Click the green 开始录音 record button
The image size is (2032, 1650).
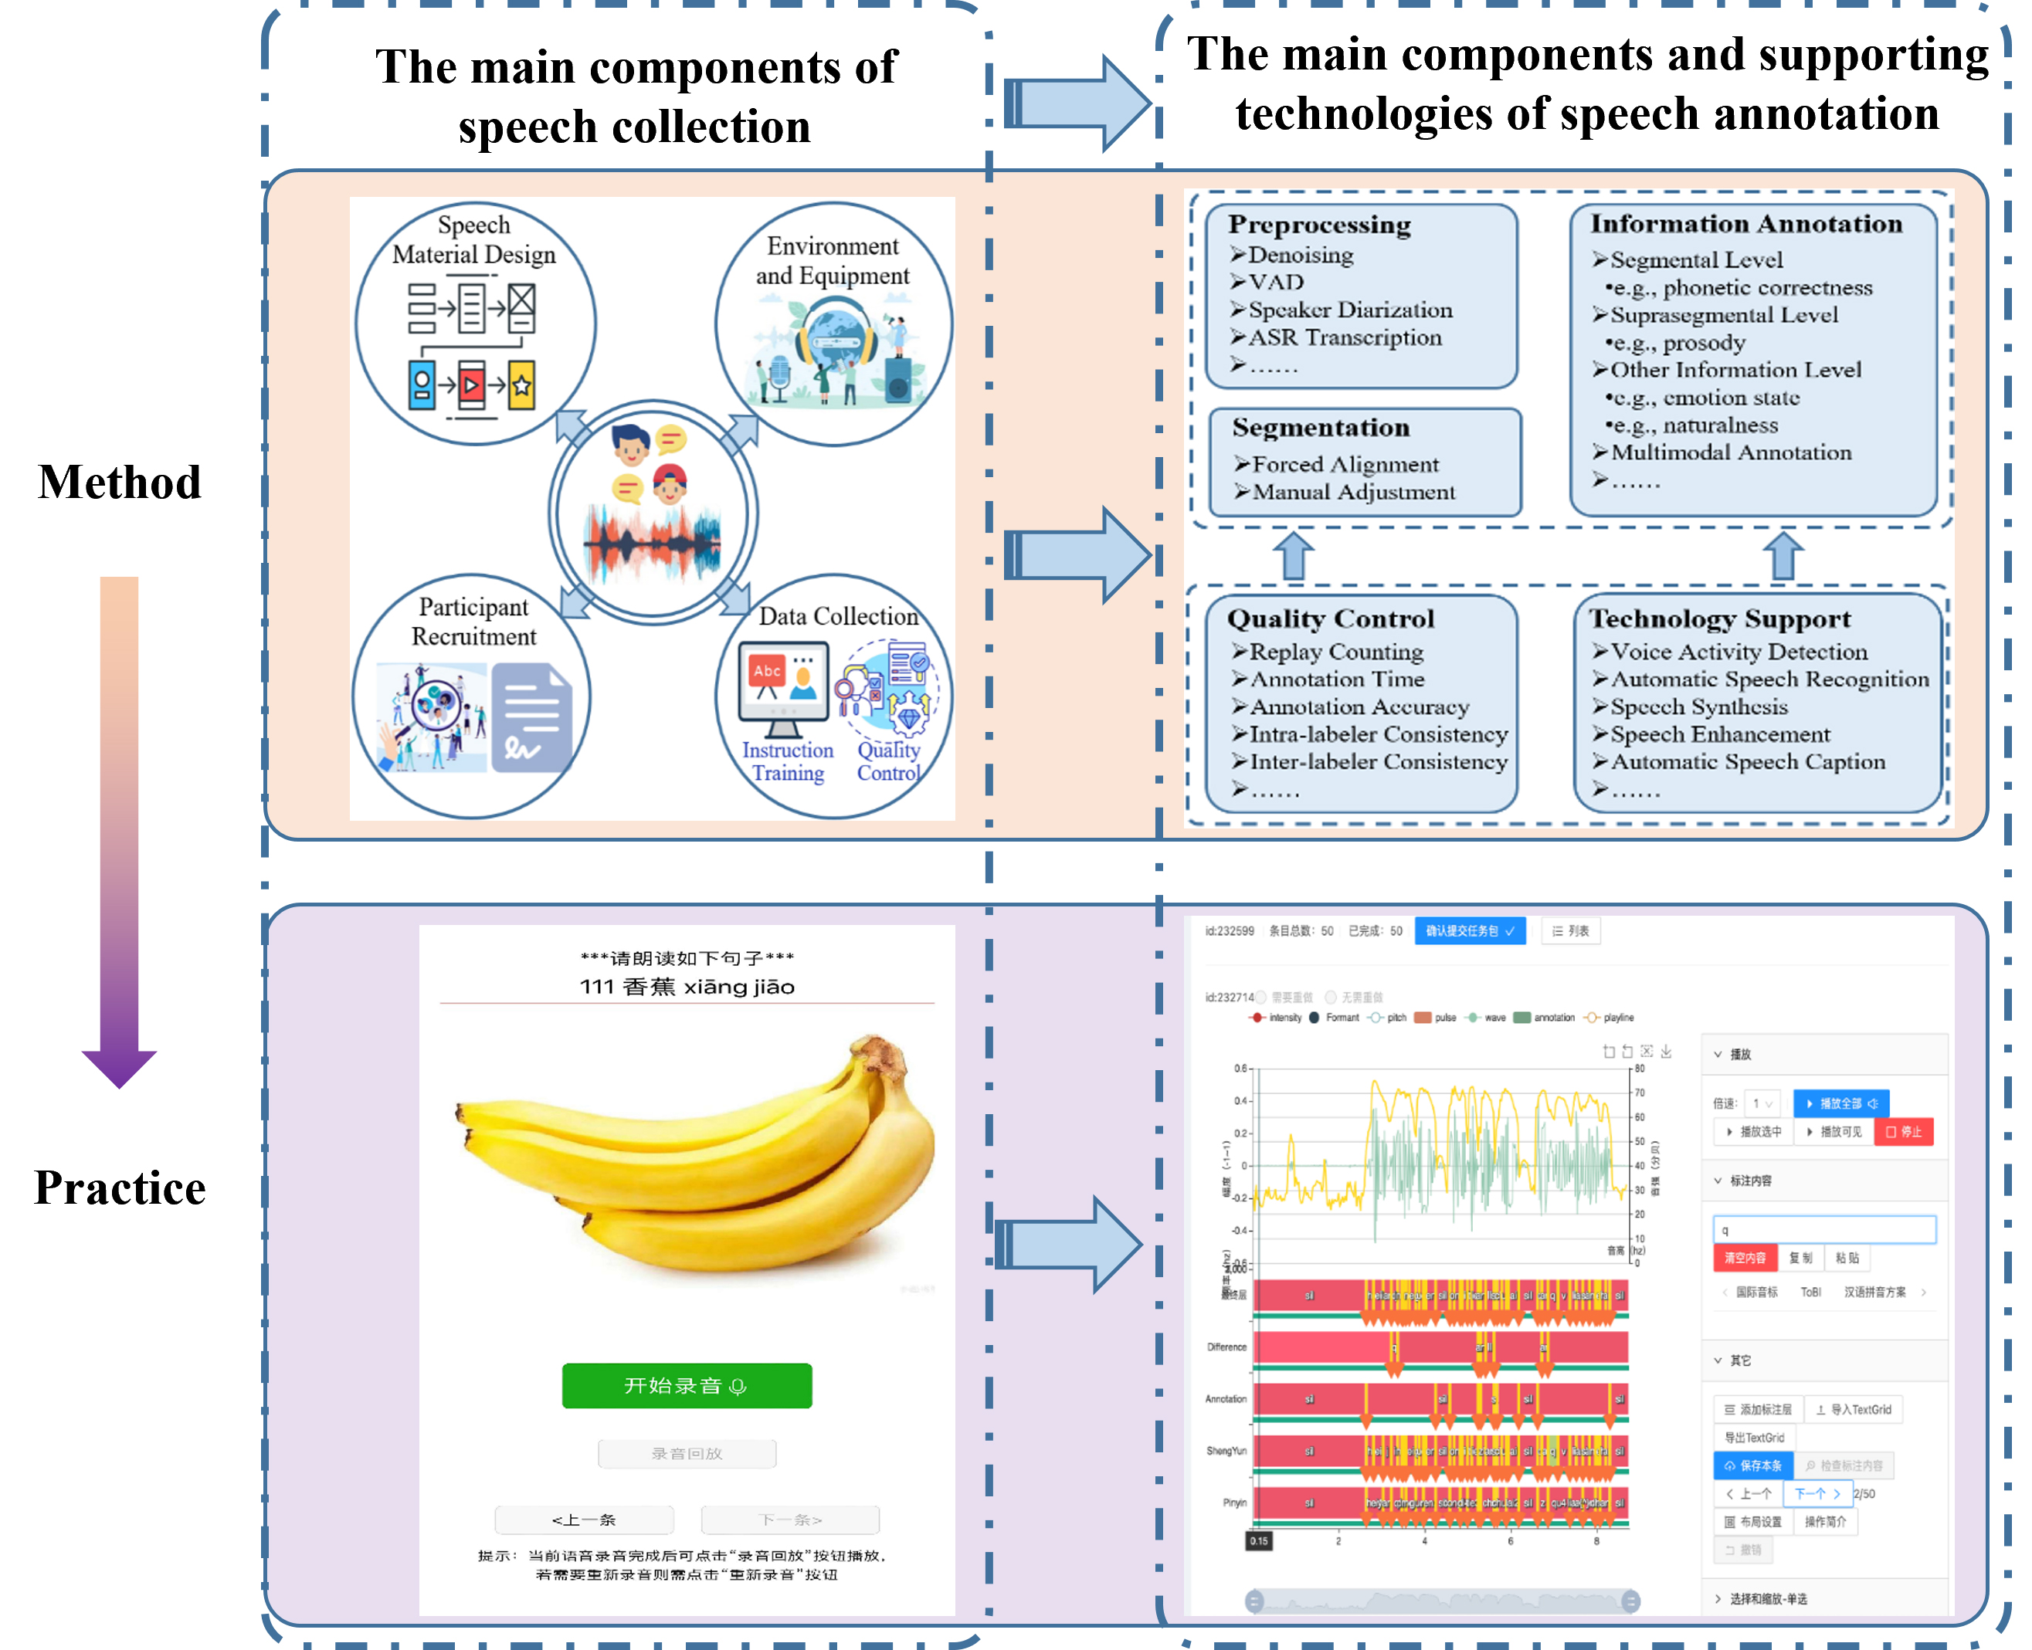tap(687, 1386)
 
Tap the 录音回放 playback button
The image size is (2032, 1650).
tap(687, 1453)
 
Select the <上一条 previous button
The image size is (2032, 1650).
tap(584, 1520)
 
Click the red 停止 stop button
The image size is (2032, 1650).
tap(1904, 1132)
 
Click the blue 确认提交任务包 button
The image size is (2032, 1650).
tap(1469, 931)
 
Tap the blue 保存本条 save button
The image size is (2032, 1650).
tap(1753, 1465)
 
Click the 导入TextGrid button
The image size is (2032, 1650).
tap(1854, 1410)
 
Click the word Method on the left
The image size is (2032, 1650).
tap(120, 482)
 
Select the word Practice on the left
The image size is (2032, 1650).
tap(120, 1188)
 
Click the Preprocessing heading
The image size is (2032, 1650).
tap(1319, 225)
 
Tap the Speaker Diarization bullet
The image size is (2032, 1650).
tap(1349, 310)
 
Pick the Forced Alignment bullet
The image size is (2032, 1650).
tap(1345, 464)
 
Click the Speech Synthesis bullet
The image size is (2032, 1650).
tap(1698, 707)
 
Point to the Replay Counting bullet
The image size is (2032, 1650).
tap(1335, 652)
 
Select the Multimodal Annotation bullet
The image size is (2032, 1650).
tap(1731, 452)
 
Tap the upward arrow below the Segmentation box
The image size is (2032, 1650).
tap(1293, 556)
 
